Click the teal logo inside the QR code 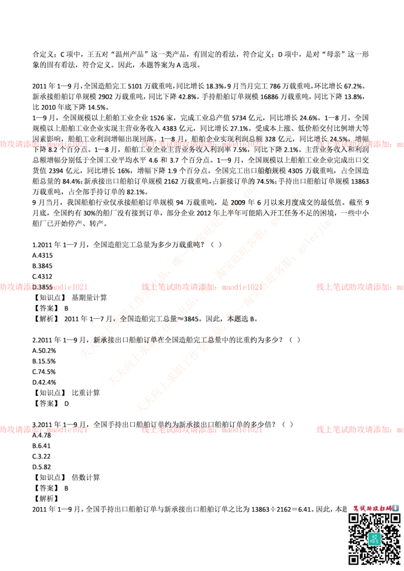point(374,538)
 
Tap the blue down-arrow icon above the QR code point(395,508)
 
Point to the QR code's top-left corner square point(354,519)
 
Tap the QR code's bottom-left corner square point(354,558)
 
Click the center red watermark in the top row point(202,144)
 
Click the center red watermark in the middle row point(202,287)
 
